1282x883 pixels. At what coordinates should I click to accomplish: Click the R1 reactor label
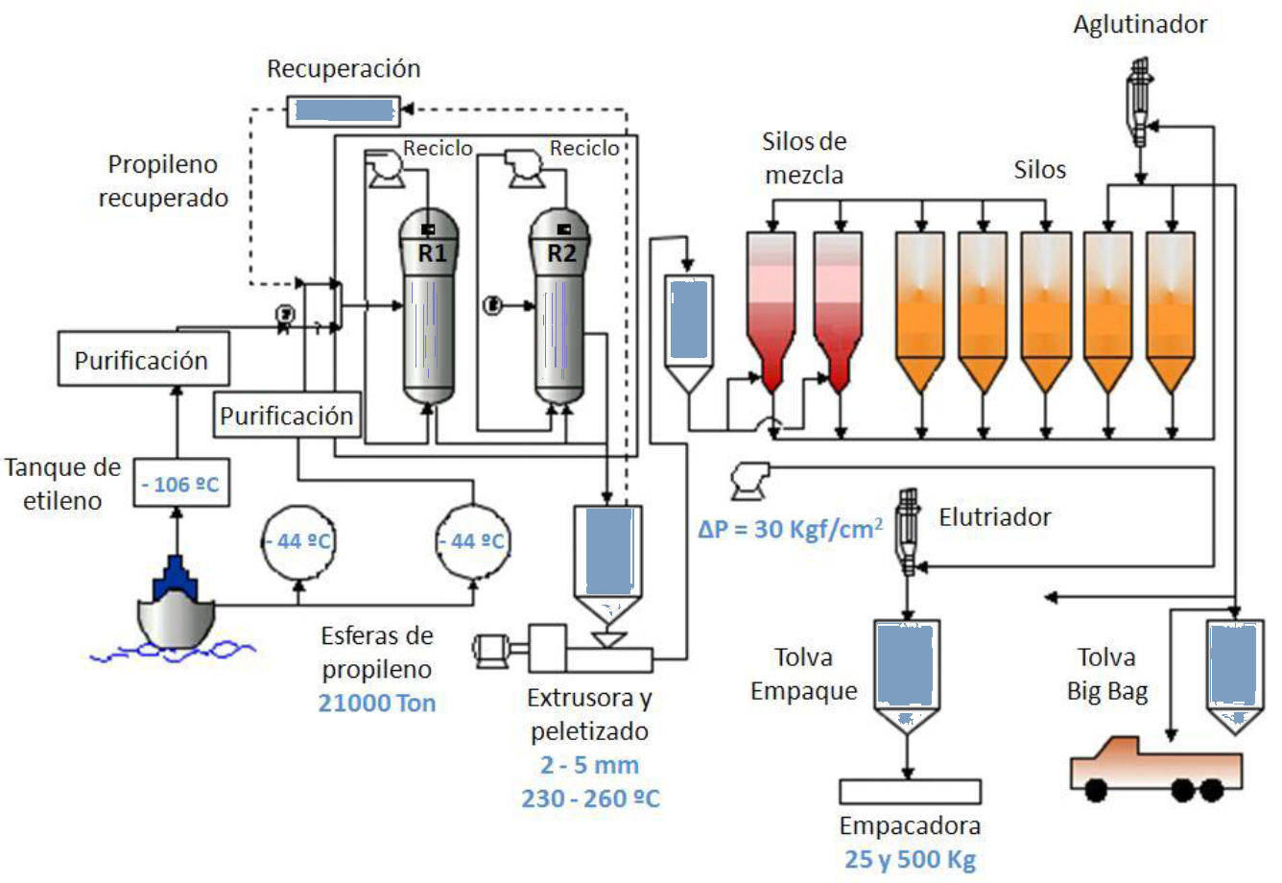coord(432,253)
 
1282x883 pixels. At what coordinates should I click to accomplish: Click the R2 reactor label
coord(561,253)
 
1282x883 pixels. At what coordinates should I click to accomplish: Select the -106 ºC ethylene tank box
coord(180,484)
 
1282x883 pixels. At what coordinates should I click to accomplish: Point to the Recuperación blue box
coord(344,110)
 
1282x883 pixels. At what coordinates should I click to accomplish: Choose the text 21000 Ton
coord(377,704)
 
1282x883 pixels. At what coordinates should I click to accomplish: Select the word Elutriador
coord(995,517)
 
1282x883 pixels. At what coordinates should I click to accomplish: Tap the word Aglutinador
coord(1140,25)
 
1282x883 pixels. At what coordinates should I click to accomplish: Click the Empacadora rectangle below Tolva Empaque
coord(910,791)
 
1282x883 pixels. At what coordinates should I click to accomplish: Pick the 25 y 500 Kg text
coord(910,859)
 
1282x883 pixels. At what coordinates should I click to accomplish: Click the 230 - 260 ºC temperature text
coord(590,799)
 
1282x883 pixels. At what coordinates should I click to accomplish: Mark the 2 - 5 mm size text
coord(589,765)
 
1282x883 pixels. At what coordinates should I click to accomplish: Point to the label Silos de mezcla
coord(804,158)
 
